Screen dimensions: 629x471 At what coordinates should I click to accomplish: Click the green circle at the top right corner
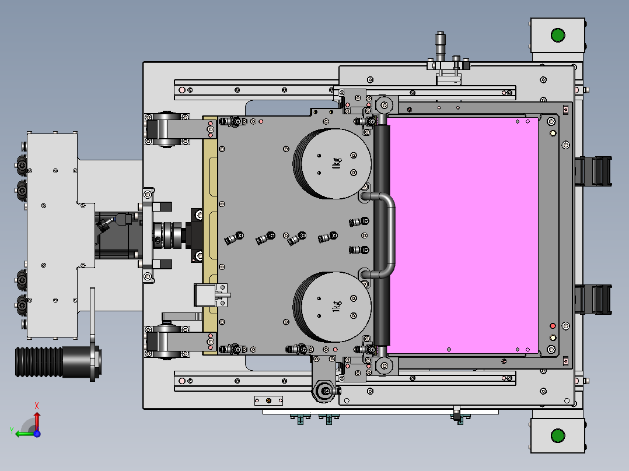click(x=558, y=36)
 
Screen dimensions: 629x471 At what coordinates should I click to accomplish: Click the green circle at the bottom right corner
click(x=558, y=435)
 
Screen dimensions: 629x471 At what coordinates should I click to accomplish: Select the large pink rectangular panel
click(x=463, y=235)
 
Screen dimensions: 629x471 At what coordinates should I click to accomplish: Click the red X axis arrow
click(x=37, y=417)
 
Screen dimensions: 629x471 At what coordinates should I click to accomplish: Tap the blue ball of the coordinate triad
click(x=37, y=433)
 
